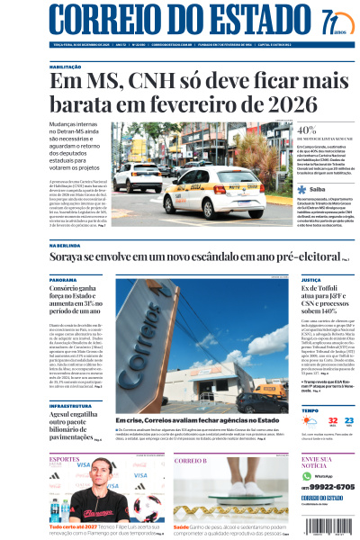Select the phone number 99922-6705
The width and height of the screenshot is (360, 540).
332,486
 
